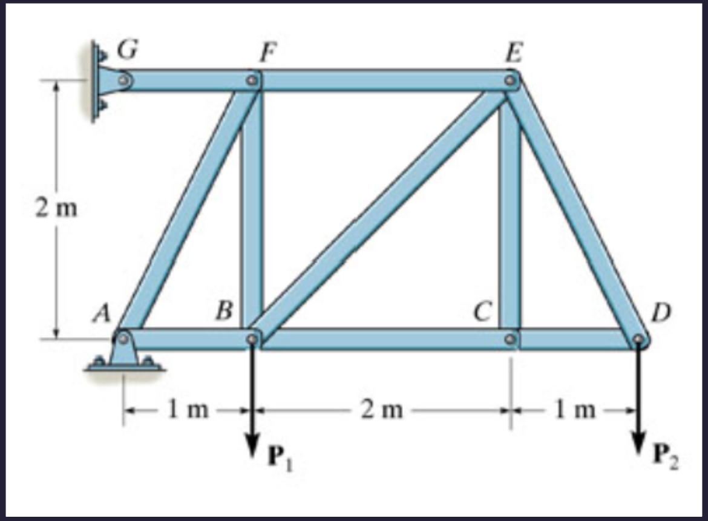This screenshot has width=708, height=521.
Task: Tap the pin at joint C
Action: [x=510, y=339]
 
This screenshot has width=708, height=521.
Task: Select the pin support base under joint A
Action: [x=124, y=362]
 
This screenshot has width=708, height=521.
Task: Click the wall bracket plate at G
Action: [x=96, y=82]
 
